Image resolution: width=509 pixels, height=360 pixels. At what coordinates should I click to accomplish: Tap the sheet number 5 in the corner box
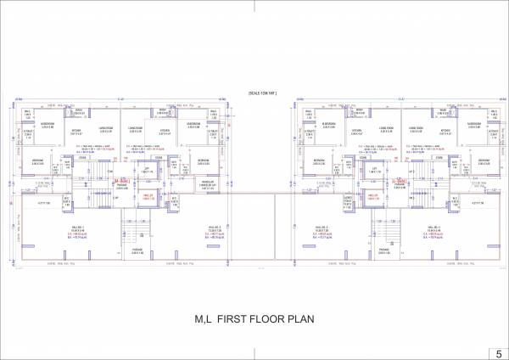tap(498, 352)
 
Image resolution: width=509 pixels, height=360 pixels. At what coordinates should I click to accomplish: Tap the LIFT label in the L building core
tap(373, 169)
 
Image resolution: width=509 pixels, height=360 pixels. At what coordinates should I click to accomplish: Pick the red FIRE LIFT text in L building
tap(373, 198)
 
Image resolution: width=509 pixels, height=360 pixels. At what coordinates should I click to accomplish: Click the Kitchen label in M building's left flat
tap(76, 130)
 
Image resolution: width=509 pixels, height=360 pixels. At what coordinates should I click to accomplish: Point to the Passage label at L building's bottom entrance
tap(384, 250)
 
